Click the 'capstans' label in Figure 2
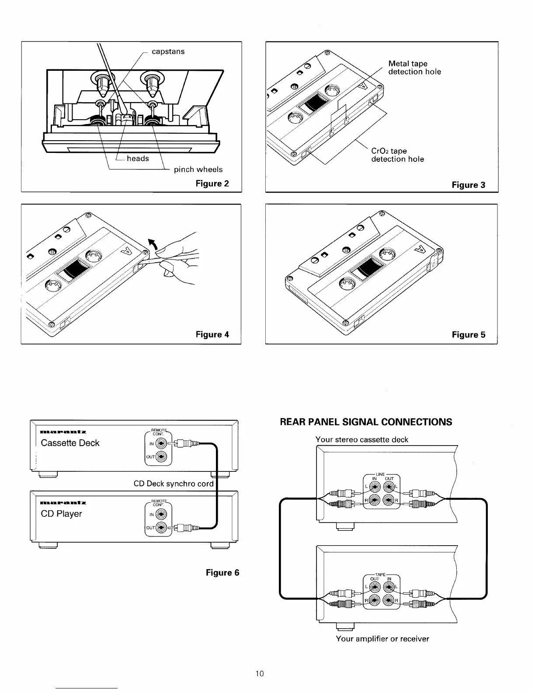[x=168, y=52]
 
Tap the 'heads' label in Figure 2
[x=138, y=159]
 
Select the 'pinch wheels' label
[x=198, y=170]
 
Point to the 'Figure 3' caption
[x=468, y=185]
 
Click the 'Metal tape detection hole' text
[x=414, y=68]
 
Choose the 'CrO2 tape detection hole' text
[x=397, y=155]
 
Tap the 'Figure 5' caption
[x=468, y=335]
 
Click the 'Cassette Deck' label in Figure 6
[x=70, y=443]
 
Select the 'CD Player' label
[x=61, y=514]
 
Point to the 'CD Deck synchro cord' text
[x=174, y=484]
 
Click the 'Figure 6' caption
[x=222, y=573]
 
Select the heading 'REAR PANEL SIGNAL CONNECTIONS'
[x=366, y=422]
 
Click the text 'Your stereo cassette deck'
[x=361, y=439]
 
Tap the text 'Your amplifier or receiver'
[x=382, y=639]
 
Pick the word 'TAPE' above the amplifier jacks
[x=381, y=574]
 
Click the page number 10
[x=260, y=674]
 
